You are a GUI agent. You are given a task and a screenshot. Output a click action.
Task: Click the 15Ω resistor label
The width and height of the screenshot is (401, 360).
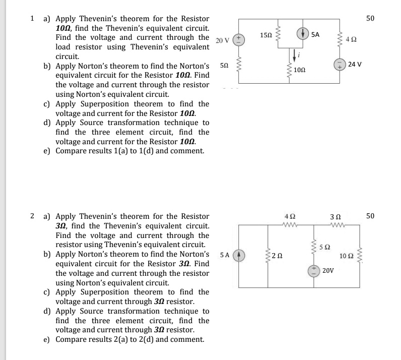[266, 35]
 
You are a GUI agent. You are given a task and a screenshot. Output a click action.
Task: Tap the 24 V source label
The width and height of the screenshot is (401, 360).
[355, 65]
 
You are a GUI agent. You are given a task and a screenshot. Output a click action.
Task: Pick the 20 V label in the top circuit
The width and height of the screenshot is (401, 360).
[222, 40]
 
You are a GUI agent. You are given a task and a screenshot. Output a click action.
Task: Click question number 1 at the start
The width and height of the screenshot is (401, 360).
[32, 19]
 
